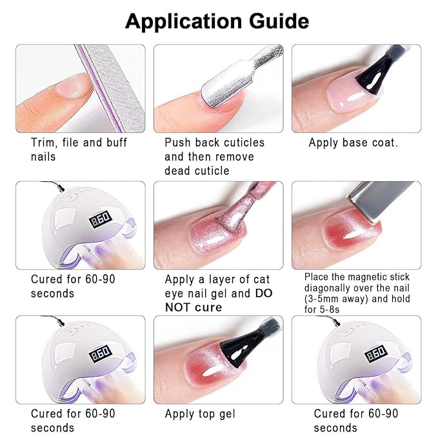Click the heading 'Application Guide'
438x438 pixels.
click(217, 21)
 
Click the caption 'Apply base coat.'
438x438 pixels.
click(353, 143)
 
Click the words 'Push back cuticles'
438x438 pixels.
click(215, 143)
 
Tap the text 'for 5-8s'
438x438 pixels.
click(322, 310)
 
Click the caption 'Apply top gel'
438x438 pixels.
click(200, 413)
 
